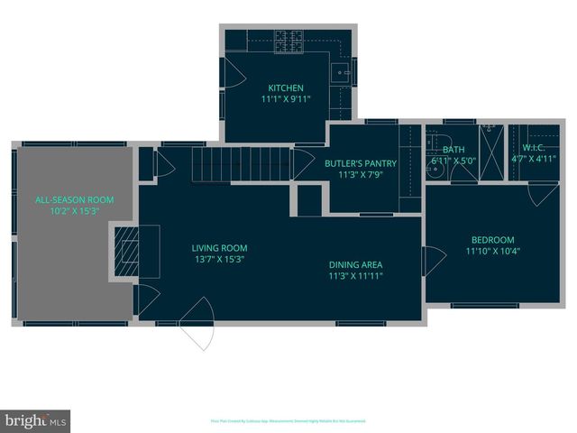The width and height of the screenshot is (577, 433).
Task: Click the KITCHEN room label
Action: pos(286,88)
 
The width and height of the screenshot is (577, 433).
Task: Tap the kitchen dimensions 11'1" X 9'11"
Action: pos(286,99)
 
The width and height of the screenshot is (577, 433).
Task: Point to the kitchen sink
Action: pos(341,76)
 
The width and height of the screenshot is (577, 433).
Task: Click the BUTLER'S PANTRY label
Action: pos(354,163)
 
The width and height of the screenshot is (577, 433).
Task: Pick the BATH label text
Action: pos(453,150)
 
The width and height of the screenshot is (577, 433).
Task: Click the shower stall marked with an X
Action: pos(492,154)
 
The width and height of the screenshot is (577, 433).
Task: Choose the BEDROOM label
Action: pos(492,240)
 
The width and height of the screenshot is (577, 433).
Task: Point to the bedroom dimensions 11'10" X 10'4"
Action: pos(492,252)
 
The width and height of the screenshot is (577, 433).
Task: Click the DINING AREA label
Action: pos(354,264)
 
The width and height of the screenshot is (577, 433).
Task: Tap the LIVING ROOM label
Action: pos(219,248)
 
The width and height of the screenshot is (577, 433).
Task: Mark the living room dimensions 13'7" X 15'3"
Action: pos(219,260)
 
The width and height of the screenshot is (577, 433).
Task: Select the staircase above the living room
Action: pos(241,164)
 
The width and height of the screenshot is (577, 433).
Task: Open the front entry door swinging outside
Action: pos(197,333)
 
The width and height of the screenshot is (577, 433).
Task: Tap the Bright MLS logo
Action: pos(35,421)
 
